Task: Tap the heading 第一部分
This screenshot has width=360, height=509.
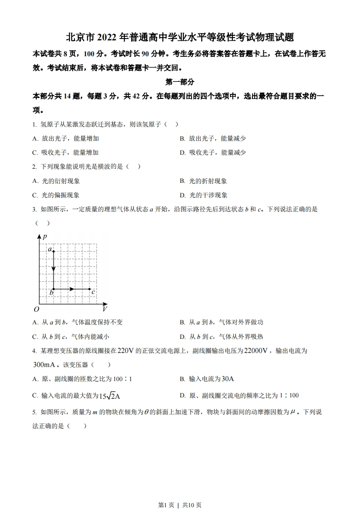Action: coord(180,82)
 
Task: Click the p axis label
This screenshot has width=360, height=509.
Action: coord(44,236)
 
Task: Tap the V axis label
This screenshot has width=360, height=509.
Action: coord(104,309)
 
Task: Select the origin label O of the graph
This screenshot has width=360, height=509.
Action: coord(36,309)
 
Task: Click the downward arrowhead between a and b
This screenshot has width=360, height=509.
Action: coord(54,269)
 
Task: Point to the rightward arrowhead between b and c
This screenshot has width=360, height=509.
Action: coord(72,289)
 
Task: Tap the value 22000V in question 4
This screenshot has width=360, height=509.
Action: coord(256,351)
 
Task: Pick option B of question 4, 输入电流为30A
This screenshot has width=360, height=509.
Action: coord(209,379)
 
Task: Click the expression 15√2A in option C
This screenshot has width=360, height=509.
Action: coord(109,396)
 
